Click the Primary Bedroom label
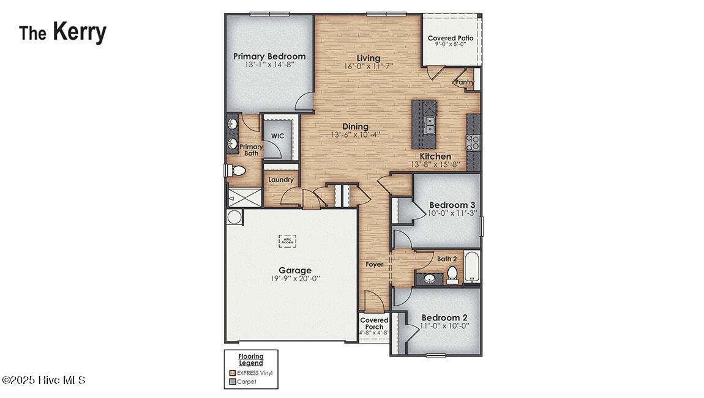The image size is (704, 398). pos(269,56)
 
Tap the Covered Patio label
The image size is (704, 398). pos(450,38)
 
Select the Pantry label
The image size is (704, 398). pos(465,82)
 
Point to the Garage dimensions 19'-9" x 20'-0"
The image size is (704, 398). pos(295,278)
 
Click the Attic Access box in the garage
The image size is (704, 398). pos(287,241)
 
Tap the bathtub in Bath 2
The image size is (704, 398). pos(471,267)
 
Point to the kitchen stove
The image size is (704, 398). pos(473,142)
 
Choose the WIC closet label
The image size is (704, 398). pos(277,136)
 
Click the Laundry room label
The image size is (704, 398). pos(281,180)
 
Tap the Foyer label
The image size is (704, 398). pos(375,264)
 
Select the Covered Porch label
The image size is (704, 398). pos(374,323)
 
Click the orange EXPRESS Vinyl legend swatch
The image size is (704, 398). pos(233,372)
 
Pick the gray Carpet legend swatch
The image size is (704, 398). pos(233,381)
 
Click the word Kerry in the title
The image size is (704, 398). pos(79,32)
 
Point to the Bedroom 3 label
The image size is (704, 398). pos(452,205)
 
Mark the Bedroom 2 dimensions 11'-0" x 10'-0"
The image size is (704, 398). pos(444,326)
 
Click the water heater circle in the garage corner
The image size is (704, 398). pos(234,217)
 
